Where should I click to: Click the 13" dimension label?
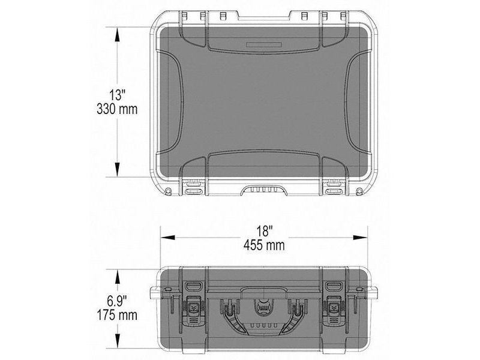[117, 95]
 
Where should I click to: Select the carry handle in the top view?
[263, 190]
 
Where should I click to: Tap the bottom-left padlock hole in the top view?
[169, 191]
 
